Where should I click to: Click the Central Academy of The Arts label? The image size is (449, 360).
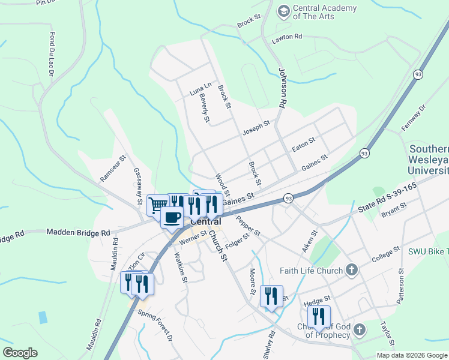click(x=325, y=12)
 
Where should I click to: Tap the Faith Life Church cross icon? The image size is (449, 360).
click(x=352, y=271)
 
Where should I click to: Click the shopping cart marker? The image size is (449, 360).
click(x=158, y=205)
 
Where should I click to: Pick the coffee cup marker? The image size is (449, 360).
click(x=172, y=217)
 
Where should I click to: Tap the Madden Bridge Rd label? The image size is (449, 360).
click(x=78, y=232)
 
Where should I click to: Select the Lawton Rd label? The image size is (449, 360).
click(x=286, y=37)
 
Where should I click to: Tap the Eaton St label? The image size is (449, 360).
click(x=303, y=145)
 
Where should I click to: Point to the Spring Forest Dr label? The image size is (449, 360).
click(x=155, y=326)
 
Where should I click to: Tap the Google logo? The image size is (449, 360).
click(x=20, y=353)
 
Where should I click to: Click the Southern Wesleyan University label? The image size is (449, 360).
click(x=429, y=160)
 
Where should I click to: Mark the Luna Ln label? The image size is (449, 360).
click(x=200, y=89)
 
